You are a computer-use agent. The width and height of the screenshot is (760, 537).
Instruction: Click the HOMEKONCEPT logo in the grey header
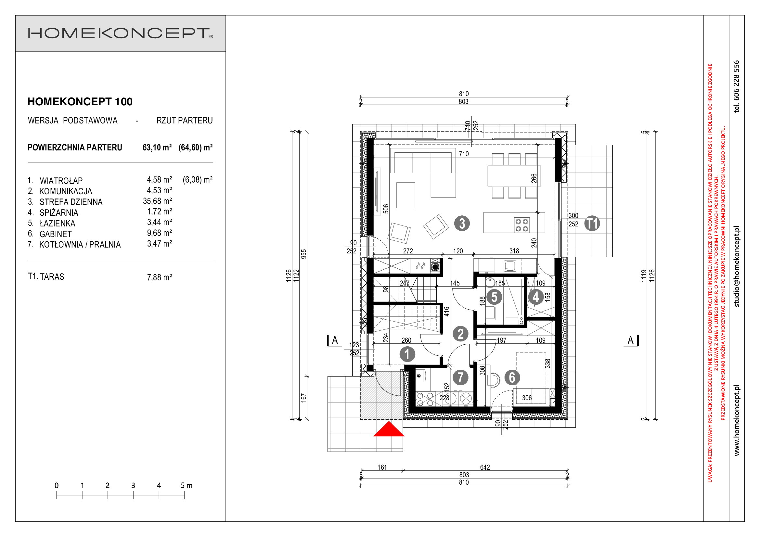(120, 33)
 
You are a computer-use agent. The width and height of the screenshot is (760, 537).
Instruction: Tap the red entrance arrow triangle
(389, 429)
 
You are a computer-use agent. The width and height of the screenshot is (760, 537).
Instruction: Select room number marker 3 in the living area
(462, 223)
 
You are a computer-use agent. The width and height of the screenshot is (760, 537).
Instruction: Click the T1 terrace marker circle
(592, 223)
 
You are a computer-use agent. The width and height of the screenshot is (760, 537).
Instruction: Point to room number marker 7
(460, 377)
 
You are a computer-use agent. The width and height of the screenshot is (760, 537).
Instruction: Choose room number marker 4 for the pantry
(536, 297)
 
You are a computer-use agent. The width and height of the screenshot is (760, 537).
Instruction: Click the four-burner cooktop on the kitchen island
(522, 225)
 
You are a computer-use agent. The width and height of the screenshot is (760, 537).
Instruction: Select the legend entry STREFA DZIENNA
(71, 202)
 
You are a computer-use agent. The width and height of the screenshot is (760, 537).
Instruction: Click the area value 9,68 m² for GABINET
(160, 233)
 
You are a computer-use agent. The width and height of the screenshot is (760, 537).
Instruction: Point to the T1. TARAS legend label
(46, 276)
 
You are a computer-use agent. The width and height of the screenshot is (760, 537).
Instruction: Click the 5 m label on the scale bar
(187, 485)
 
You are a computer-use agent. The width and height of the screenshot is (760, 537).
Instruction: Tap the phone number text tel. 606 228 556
(736, 86)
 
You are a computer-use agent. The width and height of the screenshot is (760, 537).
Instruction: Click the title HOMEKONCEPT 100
(80, 102)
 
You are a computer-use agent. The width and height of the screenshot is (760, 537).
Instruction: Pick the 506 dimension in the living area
(386, 209)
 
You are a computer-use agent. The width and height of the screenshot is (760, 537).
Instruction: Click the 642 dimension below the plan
(485, 467)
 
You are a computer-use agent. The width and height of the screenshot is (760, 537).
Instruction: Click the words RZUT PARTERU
(185, 121)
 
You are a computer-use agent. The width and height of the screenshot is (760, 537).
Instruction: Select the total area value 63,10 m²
(157, 147)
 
